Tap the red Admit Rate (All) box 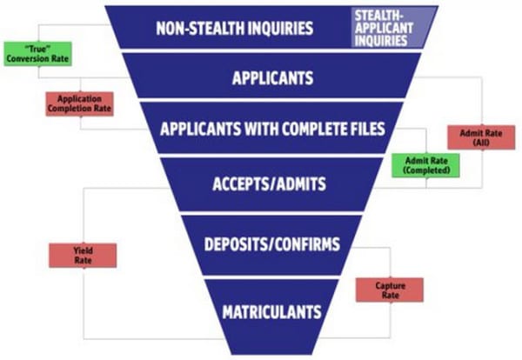[480, 137]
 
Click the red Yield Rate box [84, 255]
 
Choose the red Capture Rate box [388, 290]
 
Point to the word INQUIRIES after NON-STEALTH [276, 27]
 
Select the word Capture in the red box [388, 284]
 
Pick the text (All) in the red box [480, 143]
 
